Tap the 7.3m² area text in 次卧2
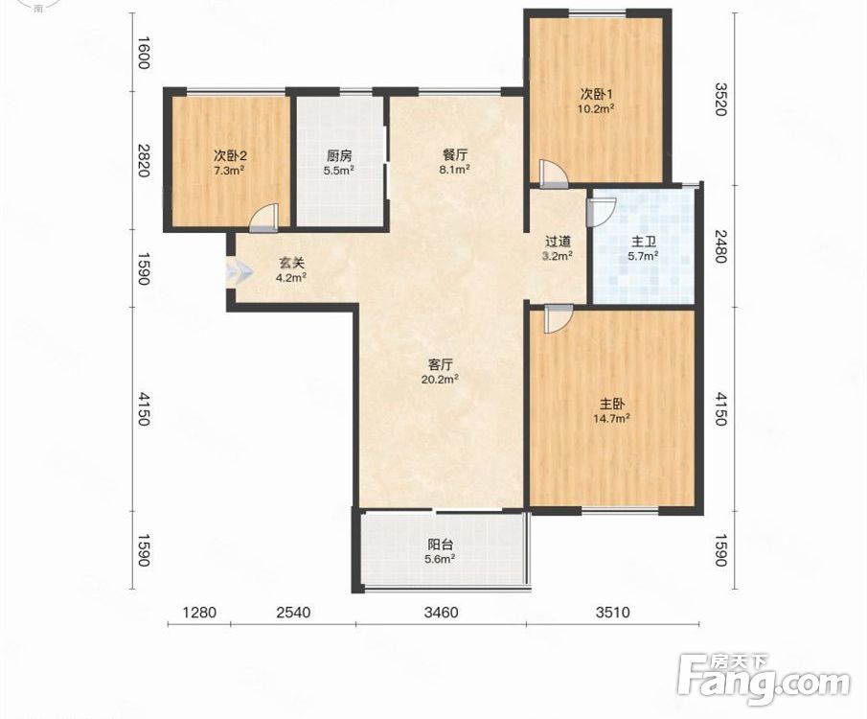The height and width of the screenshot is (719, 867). (x=230, y=171)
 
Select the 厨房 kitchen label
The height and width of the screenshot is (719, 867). (x=338, y=156)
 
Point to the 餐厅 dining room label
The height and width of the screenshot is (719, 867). (x=454, y=155)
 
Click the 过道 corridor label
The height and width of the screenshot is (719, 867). (x=558, y=242)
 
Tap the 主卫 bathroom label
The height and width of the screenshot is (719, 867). (x=643, y=242)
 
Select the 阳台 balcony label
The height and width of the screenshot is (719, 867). (x=440, y=545)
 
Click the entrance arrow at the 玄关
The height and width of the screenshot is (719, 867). (x=239, y=272)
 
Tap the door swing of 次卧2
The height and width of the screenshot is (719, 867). (x=263, y=218)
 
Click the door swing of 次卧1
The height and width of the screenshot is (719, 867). (x=553, y=174)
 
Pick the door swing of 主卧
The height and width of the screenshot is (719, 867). (x=559, y=319)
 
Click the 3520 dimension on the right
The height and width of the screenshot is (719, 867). (x=719, y=99)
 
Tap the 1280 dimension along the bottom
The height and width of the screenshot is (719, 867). (x=199, y=613)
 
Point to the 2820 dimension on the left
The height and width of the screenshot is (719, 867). (x=144, y=160)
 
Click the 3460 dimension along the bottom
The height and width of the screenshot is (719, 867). (x=442, y=613)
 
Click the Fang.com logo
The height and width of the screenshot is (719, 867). (x=764, y=681)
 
